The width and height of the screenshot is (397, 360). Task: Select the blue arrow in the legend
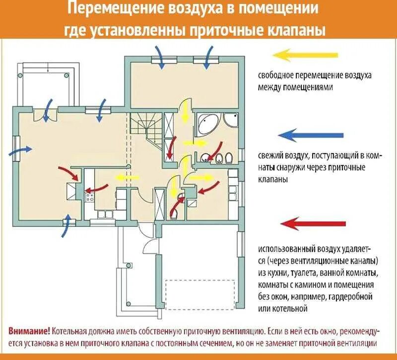click(310, 135)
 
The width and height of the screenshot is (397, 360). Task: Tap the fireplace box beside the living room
click(72, 191)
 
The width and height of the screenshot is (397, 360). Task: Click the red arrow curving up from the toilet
click(178, 203)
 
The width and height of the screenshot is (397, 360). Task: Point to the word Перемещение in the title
click(107, 9)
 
